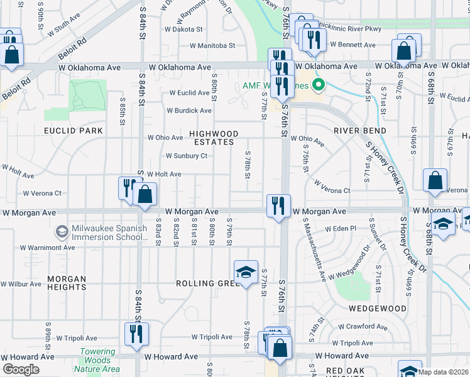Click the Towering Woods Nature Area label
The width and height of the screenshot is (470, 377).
(x=97, y=361)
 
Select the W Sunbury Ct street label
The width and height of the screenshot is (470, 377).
(x=186, y=156)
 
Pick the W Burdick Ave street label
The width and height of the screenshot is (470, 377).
(x=189, y=111)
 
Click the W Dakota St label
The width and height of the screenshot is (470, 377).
(x=183, y=29)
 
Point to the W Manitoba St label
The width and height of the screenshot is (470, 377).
(x=213, y=46)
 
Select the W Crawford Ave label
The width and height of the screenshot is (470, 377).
(x=363, y=327)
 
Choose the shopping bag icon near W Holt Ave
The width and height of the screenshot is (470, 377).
(x=145, y=194)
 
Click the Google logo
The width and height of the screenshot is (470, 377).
(x=21, y=369)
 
